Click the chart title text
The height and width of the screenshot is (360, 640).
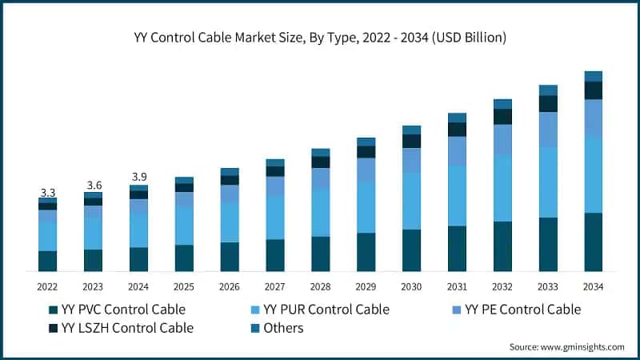[x=320, y=38]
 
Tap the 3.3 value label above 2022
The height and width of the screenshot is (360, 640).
[x=48, y=193]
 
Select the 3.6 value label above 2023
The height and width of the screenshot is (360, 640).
[x=94, y=186]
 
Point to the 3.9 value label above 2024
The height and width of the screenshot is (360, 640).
[x=139, y=177]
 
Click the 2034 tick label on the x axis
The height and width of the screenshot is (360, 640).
[x=593, y=286]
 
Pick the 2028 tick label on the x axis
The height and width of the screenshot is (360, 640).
[x=320, y=286]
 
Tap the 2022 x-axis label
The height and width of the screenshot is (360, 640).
[x=48, y=286]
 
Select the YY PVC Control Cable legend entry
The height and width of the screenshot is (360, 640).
[x=116, y=310]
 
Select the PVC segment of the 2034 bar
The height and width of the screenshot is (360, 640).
[x=593, y=242]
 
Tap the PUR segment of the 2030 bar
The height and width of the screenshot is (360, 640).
[x=411, y=201]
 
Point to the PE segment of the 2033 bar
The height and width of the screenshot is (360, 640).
[x=548, y=130]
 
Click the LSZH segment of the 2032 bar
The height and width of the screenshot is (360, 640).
[x=502, y=117]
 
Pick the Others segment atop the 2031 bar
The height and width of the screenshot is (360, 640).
[x=457, y=118]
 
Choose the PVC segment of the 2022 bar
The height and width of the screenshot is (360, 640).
[x=48, y=262]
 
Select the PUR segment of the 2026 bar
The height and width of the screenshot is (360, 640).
[x=230, y=222]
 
